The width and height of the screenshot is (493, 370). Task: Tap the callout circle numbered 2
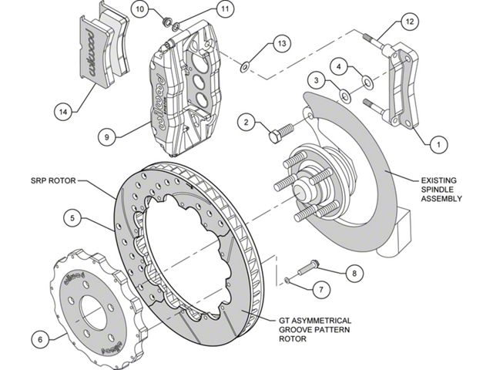coord(246,122)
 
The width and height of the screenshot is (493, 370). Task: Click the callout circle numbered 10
coord(139,9)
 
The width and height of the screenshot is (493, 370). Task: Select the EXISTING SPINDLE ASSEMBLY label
coord(442,187)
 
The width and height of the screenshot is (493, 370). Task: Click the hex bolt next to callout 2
coord(279,132)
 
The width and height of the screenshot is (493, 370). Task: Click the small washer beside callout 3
coord(344,96)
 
